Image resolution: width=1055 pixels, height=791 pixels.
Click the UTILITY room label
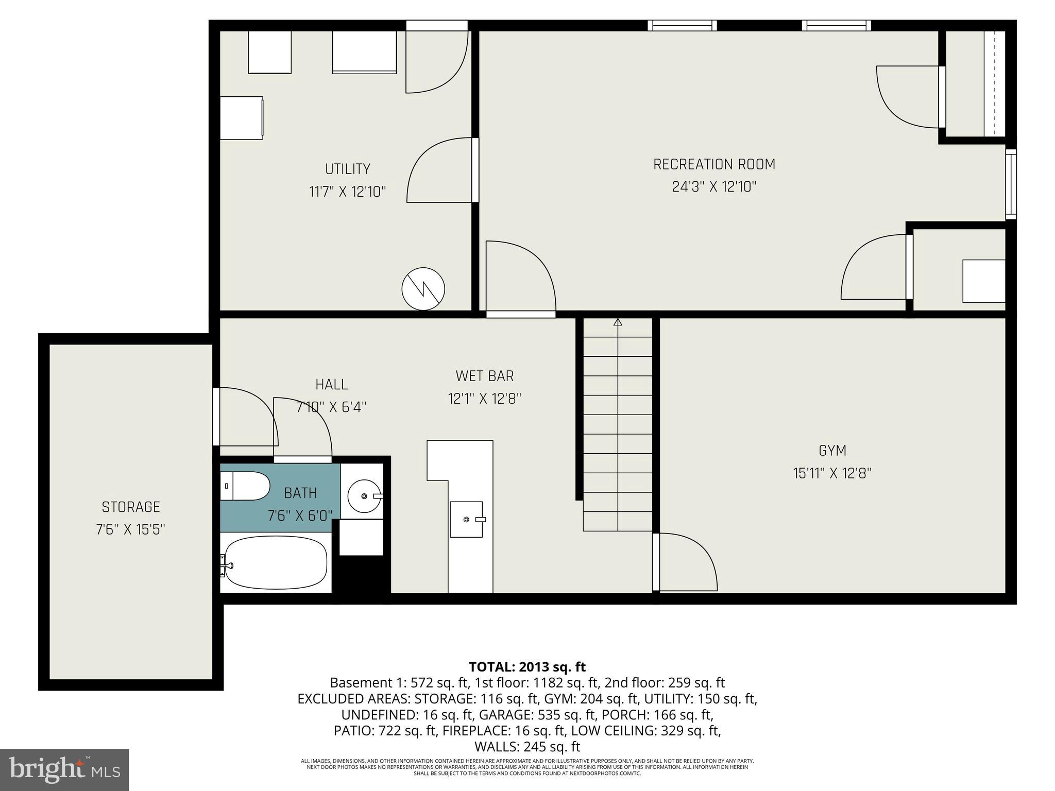348,169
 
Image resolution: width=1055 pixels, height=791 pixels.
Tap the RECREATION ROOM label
714,164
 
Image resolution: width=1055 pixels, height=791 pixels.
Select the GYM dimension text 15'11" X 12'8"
832,473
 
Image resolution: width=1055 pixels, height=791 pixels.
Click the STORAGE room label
131,507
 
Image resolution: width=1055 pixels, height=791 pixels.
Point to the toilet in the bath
246,486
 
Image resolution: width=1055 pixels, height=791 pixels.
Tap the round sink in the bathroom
364,496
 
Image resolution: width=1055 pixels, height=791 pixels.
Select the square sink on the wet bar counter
467,519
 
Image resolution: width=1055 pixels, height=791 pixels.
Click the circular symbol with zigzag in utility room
423,289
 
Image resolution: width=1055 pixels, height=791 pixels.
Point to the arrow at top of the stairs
618,323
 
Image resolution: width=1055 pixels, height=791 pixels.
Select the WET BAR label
485,376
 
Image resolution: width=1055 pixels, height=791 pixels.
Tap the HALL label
331,385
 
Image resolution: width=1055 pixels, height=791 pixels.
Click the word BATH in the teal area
300,493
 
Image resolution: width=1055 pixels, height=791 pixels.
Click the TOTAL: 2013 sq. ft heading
527,667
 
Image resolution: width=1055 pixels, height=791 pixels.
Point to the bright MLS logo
64,770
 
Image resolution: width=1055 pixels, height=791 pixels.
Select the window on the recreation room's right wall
1011,184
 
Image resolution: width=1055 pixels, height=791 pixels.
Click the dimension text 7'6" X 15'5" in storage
131,529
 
